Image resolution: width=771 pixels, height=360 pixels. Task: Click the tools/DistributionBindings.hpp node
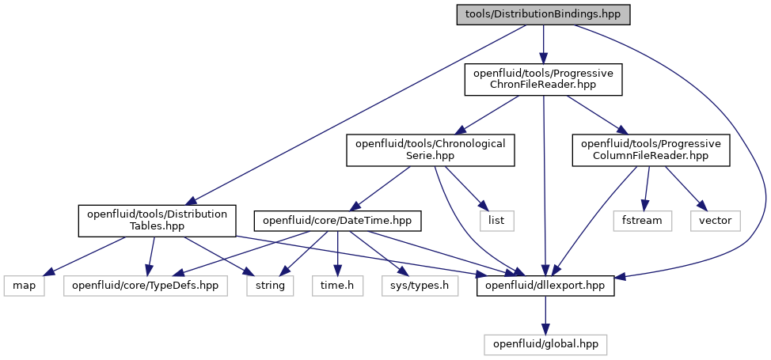click(543, 15)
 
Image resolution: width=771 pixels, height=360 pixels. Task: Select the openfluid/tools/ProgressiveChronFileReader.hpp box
click(543, 79)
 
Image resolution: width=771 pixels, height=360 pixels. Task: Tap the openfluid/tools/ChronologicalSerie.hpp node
click(431, 150)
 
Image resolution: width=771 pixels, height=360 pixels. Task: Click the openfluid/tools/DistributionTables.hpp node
click(157, 221)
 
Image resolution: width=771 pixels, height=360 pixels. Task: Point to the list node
click(496, 221)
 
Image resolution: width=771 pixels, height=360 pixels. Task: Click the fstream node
click(642, 221)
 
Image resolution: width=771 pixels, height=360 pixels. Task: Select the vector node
click(716, 221)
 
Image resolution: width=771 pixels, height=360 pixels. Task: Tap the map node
click(24, 286)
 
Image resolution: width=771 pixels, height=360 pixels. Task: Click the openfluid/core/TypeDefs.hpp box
click(146, 286)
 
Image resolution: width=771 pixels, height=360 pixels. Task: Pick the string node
click(270, 286)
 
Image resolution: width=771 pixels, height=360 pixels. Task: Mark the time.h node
click(337, 286)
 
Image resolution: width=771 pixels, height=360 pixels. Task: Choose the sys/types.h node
click(420, 286)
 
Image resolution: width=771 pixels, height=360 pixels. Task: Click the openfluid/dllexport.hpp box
click(545, 286)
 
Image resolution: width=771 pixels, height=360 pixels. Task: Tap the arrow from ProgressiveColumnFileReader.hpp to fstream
click(647, 189)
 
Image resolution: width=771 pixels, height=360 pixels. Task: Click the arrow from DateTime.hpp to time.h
click(337, 254)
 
